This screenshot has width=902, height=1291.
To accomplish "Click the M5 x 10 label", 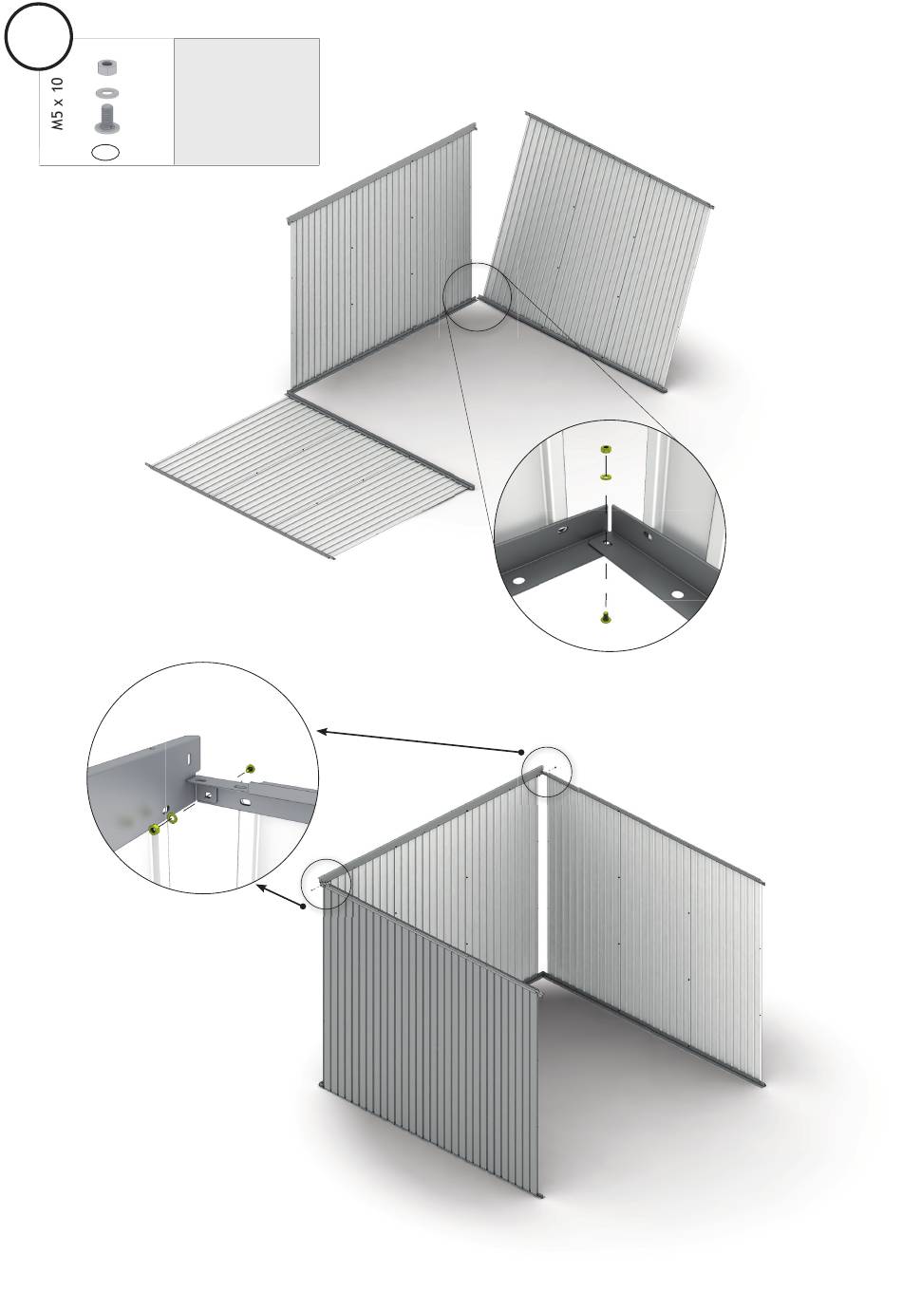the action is click(x=57, y=103).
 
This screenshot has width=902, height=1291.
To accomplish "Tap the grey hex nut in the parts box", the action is click(x=105, y=67).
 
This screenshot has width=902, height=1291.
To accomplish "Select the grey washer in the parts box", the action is click(x=106, y=92).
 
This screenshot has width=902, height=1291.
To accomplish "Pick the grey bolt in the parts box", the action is click(x=106, y=119).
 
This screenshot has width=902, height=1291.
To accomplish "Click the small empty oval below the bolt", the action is click(x=105, y=152).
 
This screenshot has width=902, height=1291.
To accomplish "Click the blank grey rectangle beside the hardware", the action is click(x=247, y=102).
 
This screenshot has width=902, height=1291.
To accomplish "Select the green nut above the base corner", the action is click(x=605, y=450).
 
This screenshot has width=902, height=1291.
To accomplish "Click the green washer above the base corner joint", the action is click(x=605, y=477).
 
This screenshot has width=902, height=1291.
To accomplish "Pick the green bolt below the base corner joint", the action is click(x=605, y=617).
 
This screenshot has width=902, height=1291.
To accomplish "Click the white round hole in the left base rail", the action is click(x=517, y=580).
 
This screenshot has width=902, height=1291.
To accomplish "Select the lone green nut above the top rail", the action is click(x=250, y=768).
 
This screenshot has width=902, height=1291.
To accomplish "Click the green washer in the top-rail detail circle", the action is click(x=172, y=818).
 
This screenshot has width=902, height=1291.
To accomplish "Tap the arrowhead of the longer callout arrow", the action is click(x=322, y=731).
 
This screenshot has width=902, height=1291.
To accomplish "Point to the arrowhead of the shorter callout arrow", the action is click(x=261, y=887).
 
